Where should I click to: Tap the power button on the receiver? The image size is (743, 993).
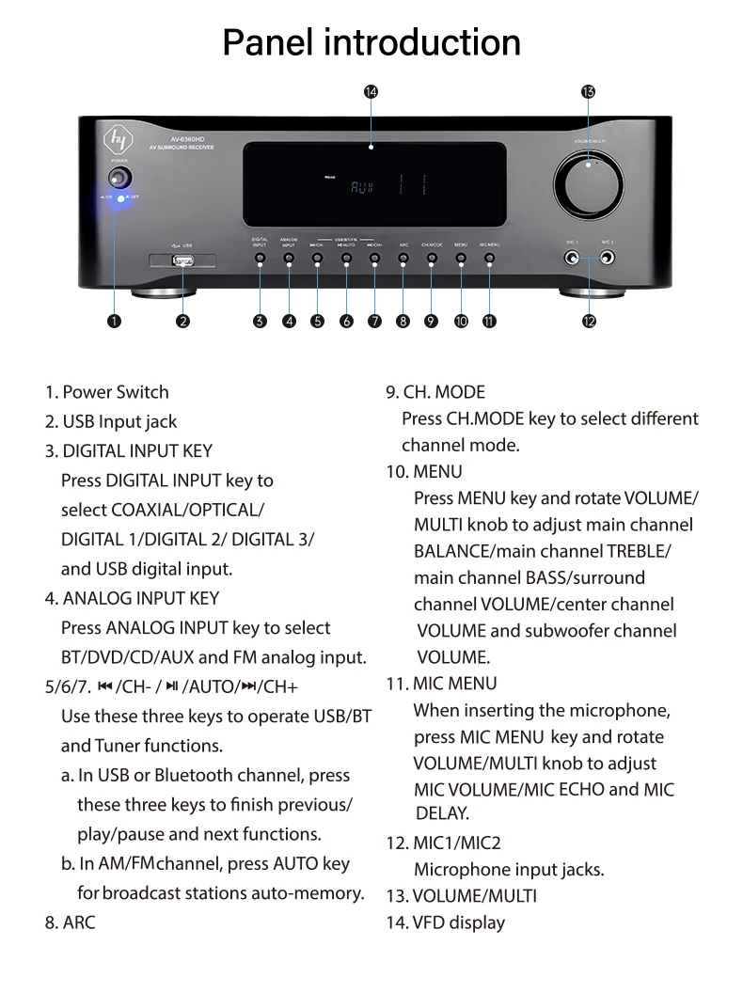tap(120, 178)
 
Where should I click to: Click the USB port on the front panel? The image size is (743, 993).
tap(182, 263)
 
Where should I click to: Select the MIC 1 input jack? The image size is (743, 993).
tap(571, 258)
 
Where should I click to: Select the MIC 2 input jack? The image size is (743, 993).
tap(608, 258)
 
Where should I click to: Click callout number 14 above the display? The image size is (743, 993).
tap(371, 91)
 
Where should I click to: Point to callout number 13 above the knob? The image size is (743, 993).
tap(588, 91)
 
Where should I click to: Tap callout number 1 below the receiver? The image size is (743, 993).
tap(114, 321)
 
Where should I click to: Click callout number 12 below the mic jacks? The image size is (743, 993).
tap(589, 321)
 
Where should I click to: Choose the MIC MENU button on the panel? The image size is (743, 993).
tap(489, 257)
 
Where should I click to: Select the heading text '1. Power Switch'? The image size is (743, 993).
tap(106, 392)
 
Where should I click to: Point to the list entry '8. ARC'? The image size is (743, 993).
tap(71, 922)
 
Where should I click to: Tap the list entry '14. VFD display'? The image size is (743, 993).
tap(446, 922)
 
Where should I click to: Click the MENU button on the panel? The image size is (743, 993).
tap(461, 257)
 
